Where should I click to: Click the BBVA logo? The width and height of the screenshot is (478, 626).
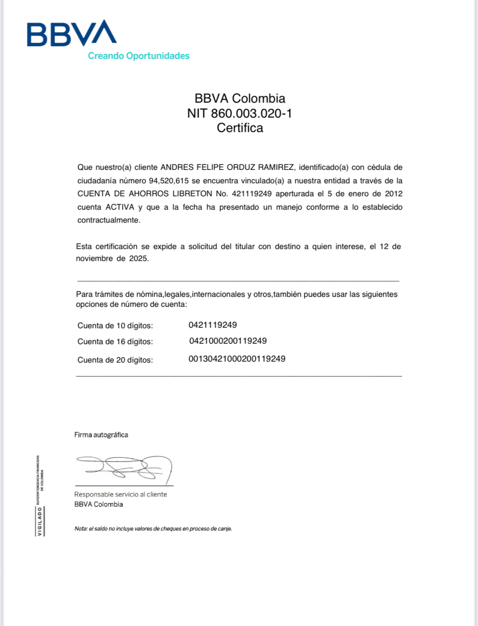point(72,34)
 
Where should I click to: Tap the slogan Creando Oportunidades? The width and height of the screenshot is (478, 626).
point(138,56)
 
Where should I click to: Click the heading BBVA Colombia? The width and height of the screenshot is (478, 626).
point(239,99)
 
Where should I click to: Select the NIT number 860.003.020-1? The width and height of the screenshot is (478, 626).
point(251,114)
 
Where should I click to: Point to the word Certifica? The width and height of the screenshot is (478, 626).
point(239,128)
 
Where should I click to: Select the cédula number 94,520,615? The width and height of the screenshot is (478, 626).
point(169,181)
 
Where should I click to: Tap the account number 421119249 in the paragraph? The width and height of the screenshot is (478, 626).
point(251,194)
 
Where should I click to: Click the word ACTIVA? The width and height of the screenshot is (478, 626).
point(119,207)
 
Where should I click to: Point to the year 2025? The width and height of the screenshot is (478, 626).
point(138,258)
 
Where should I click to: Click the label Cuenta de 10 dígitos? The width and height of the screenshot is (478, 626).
point(115,326)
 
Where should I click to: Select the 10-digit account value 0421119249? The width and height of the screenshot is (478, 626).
point(213,325)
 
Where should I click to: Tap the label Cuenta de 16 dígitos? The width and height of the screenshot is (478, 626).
point(115,342)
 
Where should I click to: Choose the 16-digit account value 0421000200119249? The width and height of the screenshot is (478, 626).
point(228,341)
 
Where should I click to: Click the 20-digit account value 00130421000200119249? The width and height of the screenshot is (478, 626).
point(237,359)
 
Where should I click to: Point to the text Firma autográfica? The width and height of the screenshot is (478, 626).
point(101,435)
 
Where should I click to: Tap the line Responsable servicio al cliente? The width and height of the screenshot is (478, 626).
point(120,495)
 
